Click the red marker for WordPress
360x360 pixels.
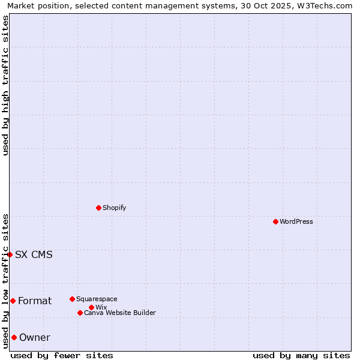[275, 221]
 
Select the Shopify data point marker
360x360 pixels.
[98, 208]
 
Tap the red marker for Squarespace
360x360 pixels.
[72, 299]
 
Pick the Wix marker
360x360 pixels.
[91, 307]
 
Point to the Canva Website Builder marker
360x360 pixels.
[80, 313]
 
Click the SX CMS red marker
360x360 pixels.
[10, 254]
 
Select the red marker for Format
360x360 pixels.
[13, 301]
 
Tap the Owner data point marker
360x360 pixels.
[14, 337]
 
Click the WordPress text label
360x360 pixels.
[296, 221]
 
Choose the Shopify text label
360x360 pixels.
[114, 208]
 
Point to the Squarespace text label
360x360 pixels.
[97, 299]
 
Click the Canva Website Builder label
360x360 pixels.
[120, 313]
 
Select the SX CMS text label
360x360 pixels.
[34, 254]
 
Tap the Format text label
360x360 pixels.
[35, 301]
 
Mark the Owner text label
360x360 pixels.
[35, 337]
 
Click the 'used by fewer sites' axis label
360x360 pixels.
[62, 355]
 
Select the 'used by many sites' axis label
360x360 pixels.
[301, 355]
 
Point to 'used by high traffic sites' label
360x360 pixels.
[5, 86]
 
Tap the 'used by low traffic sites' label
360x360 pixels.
[5, 281]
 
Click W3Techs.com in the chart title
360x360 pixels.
[326, 5]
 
